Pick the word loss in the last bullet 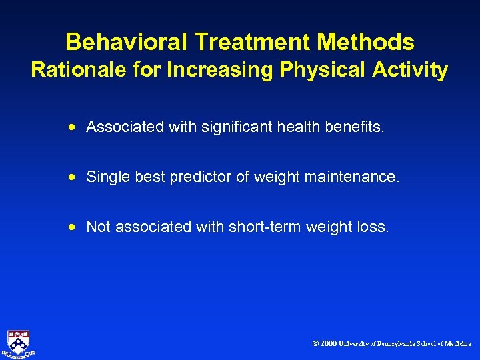click(374, 227)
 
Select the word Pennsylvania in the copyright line click(396, 344)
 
